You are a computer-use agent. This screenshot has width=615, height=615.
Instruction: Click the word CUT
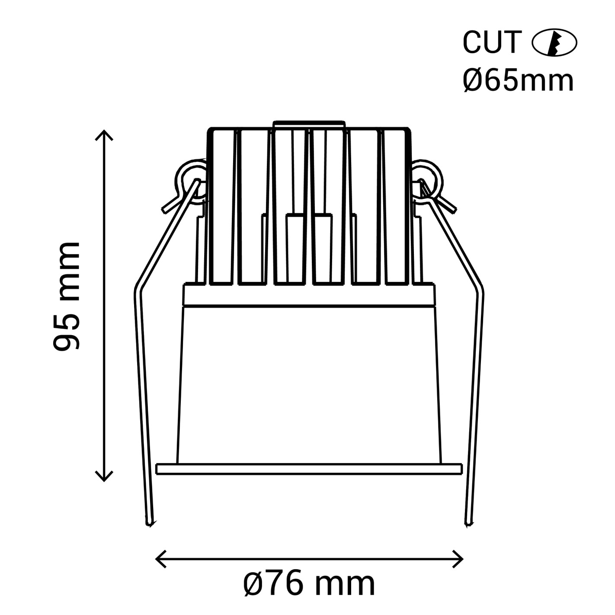[492, 42]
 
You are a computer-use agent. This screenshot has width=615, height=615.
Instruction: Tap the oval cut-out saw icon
[554, 42]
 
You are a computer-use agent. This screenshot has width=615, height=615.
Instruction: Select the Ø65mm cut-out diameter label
[518, 81]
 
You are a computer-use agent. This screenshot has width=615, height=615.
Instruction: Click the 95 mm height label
[66, 297]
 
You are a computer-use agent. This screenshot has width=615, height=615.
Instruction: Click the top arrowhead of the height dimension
[104, 135]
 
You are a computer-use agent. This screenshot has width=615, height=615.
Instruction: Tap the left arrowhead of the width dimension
[160, 559]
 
